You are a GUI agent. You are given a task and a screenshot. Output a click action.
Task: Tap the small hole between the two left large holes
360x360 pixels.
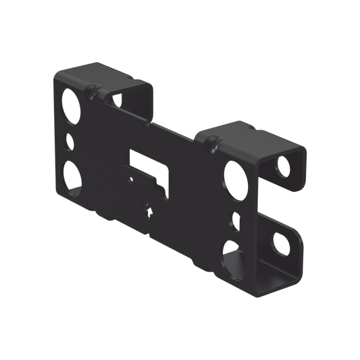click(x=70, y=142)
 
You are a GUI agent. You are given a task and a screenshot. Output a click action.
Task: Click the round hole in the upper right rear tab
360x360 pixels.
click(x=284, y=163)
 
